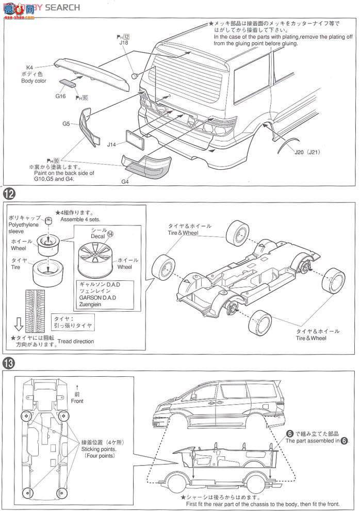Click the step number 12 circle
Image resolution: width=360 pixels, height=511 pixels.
coord(9,195)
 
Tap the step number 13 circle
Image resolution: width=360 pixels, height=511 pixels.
coord(9,363)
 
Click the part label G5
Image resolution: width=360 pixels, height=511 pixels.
coord(67,123)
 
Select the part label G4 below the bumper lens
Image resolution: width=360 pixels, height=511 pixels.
coord(125,181)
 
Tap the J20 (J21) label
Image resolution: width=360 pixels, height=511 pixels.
coord(308,152)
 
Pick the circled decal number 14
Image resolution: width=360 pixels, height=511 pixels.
coord(110,233)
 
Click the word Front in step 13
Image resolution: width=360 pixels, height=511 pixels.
coord(77,401)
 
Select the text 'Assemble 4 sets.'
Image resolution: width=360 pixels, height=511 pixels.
coord(80,219)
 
